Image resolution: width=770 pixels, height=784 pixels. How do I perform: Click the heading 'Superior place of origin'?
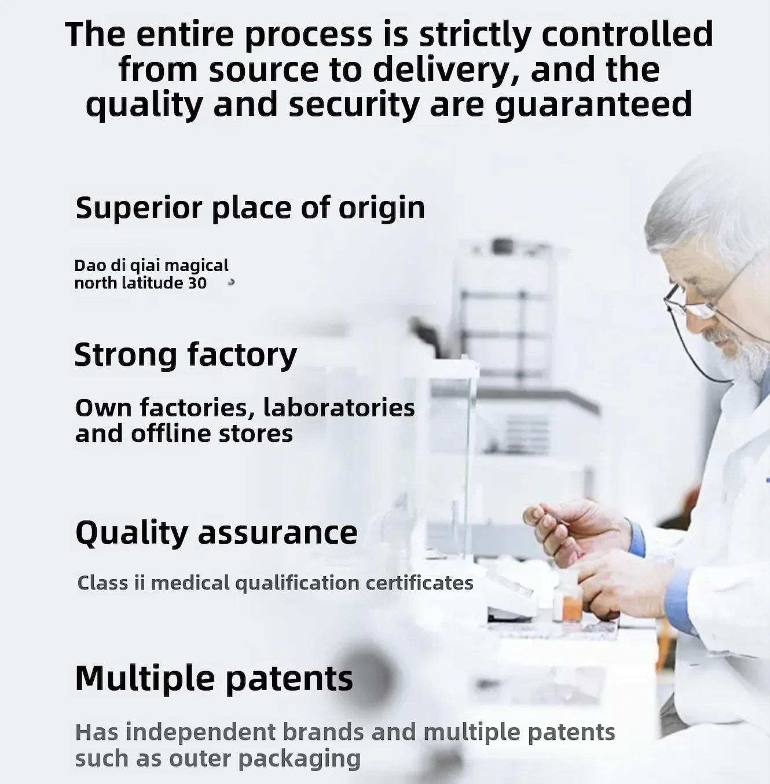tap(250, 208)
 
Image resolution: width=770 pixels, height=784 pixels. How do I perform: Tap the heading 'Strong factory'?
tap(186, 355)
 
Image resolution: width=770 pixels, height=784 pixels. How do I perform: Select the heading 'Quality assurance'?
tap(217, 533)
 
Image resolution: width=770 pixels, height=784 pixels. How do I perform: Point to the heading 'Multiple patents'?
tap(214, 678)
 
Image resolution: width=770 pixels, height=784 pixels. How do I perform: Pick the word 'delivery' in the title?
tap(446, 70)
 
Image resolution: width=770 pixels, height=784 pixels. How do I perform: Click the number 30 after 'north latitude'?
tap(197, 283)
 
